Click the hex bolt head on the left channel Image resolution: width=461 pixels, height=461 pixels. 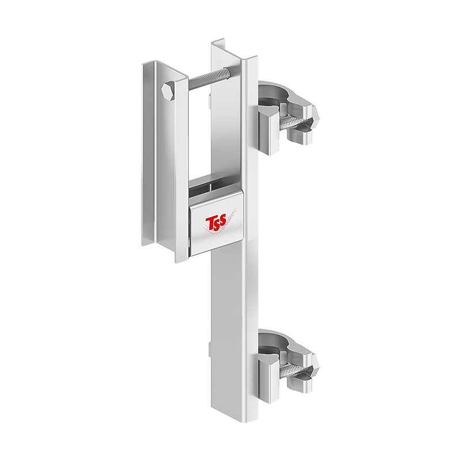168,90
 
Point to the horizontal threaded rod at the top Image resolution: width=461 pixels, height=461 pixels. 209,80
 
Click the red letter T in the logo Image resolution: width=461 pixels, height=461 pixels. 210,224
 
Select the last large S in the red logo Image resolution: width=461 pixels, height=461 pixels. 223,220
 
